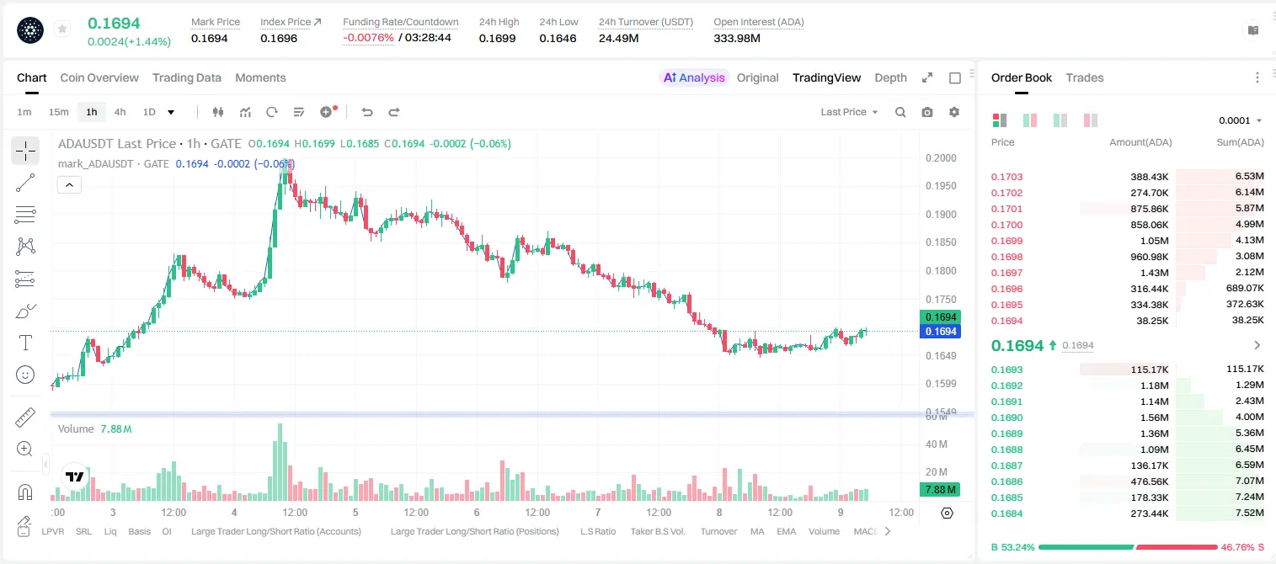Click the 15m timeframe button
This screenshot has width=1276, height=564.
[x=59, y=112]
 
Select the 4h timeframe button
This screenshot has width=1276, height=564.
[x=120, y=112]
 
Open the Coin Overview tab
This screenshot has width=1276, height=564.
[x=99, y=77]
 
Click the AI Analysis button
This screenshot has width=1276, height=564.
[x=694, y=77]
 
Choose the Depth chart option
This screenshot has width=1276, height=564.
[x=890, y=77]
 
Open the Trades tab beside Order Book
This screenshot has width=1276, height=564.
[x=1085, y=77]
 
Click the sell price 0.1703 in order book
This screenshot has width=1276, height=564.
[x=1006, y=177]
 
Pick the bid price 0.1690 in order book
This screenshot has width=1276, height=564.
[x=1006, y=418]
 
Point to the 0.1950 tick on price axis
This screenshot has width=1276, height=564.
[x=941, y=185]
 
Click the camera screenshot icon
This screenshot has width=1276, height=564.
[x=927, y=112]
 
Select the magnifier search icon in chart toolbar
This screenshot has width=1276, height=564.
[x=900, y=112]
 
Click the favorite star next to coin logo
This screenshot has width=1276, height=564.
[x=62, y=29]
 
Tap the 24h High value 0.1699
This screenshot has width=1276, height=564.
[x=497, y=38]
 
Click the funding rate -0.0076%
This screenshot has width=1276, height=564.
[x=368, y=38]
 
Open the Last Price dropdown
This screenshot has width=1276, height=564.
[x=849, y=112]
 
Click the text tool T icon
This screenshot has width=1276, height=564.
[x=25, y=343]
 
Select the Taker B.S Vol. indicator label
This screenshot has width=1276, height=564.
[x=657, y=531]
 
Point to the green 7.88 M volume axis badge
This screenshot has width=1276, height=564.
[x=940, y=489]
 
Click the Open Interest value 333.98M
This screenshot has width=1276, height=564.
[x=737, y=38]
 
